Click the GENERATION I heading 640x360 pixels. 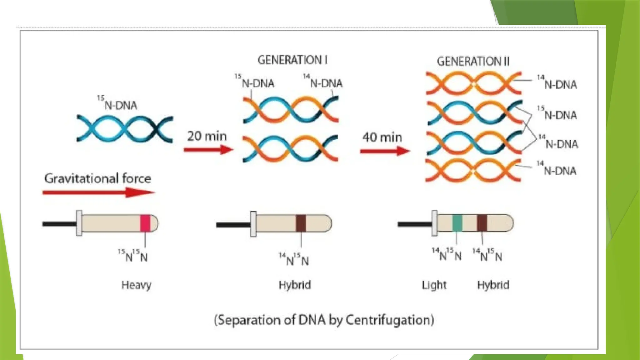tap(292, 60)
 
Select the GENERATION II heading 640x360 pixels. tap(473, 61)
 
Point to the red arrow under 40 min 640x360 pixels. tap(385, 151)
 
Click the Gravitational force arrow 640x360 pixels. tap(98, 192)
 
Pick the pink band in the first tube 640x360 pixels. tap(145, 223)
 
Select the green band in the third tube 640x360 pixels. tap(457, 223)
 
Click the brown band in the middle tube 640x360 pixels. tap(301, 223)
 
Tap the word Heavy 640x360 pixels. tap(136, 285)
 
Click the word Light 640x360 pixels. tap(434, 285)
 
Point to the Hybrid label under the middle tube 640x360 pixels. tap(295, 285)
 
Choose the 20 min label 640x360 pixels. tap(207, 136)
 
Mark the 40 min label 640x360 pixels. tap(382, 137)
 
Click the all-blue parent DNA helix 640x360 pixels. tap(125, 129)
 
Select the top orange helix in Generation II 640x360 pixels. tap(473, 83)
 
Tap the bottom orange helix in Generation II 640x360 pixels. tap(473, 171)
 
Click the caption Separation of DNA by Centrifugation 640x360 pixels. tap(324, 320)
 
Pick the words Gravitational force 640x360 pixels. tap(98, 178)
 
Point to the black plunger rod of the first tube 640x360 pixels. tap(59, 224)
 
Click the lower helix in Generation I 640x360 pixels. tap(290, 148)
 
